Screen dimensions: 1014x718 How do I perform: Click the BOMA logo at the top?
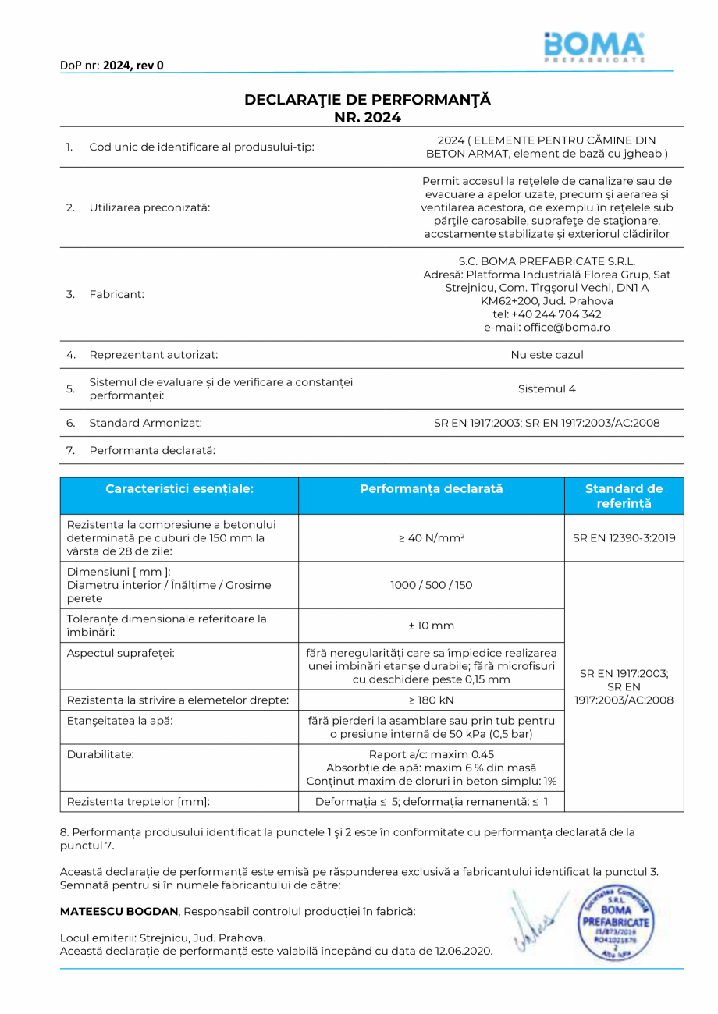[x=594, y=47]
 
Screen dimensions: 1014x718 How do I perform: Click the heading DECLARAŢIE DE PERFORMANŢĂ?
[x=368, y=100]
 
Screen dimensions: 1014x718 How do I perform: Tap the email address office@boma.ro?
[x=547, y=328]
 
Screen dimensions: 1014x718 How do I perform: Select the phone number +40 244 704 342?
[x=547, y=314]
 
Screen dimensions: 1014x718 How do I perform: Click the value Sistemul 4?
[x=546, y=388]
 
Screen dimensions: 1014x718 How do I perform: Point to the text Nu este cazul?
[x=546, y=355]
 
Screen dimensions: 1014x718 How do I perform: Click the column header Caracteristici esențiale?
[x=179, y=489]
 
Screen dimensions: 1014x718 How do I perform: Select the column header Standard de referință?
[x=624, y=496]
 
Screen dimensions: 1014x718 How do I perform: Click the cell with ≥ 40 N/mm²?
[x=432, y=538]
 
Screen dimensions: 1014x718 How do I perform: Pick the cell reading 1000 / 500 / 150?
[x=432, y=585]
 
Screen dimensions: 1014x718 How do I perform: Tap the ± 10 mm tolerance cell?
[x=432, y=626]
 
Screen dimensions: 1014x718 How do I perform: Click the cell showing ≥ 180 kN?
[x=432, y=700]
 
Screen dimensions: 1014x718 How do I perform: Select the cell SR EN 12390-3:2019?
[x=624, y=538]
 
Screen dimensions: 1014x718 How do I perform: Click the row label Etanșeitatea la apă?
[x=120, y=721]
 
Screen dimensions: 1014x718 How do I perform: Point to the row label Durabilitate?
[x=101, y=755]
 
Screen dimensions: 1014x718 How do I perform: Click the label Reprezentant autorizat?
[x=154, y=355]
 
